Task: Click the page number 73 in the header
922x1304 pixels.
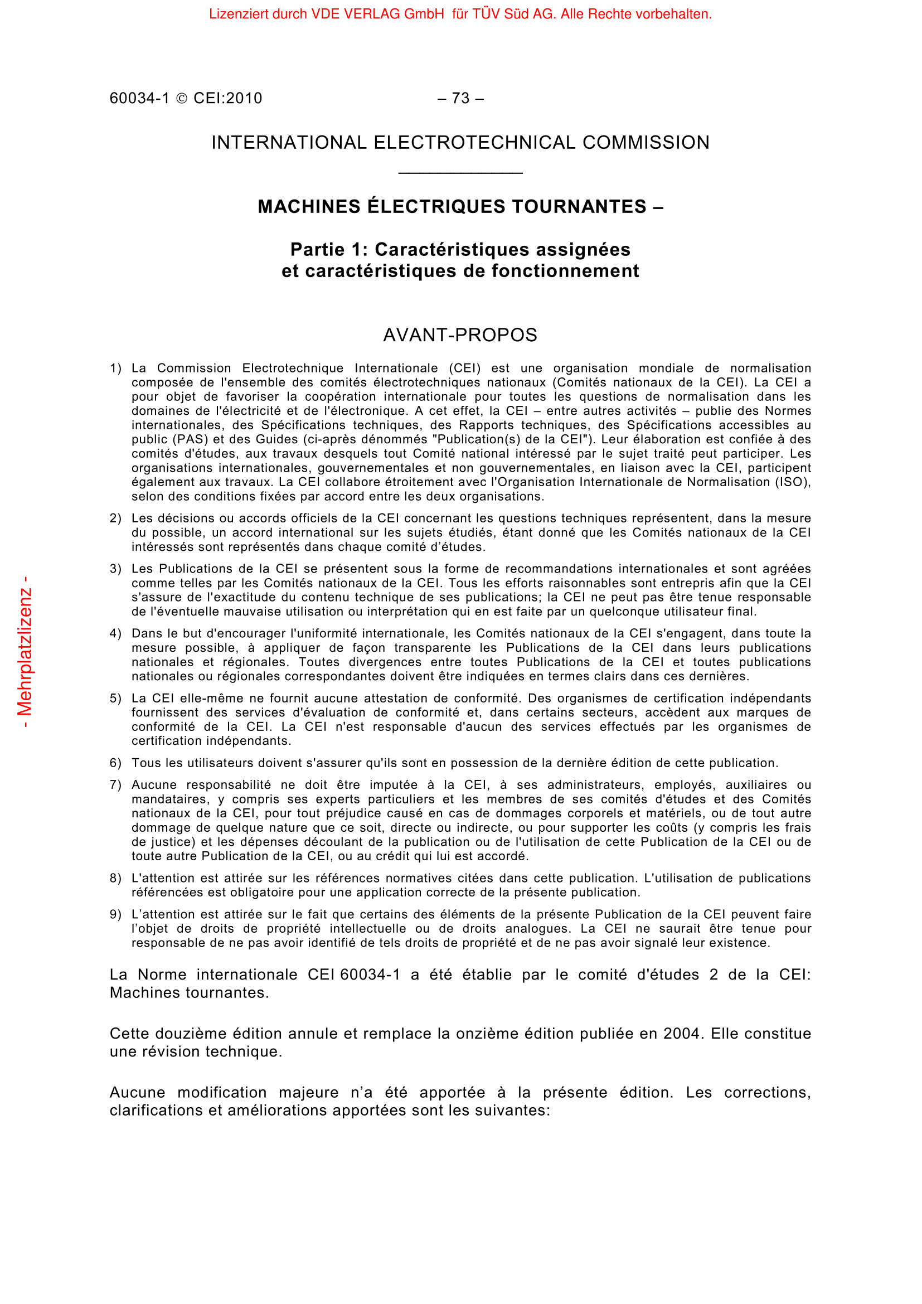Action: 460,99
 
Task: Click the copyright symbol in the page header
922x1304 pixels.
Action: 182,99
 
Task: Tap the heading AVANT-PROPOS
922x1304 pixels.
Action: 460,336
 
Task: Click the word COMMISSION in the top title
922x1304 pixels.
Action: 646,143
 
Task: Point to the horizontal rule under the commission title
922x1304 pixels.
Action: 460,173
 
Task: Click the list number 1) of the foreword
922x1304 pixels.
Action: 115,369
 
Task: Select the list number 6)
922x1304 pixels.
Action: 115,763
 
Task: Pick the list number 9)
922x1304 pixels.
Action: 115,914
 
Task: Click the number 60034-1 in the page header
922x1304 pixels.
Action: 140,99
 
